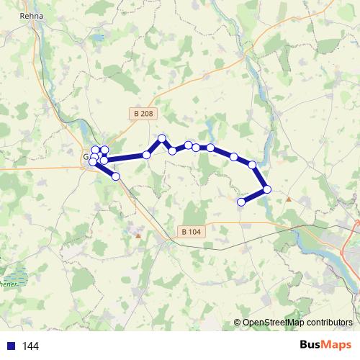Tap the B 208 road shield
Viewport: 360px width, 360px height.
(x=143, y=114)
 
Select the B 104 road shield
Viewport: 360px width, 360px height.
(x=191, y=232)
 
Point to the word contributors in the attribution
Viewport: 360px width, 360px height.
(x=329, y=322)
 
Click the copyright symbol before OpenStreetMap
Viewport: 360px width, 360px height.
(x=238, y=322)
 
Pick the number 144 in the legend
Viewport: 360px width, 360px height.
(x=30, y=346)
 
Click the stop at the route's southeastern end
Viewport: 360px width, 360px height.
(x=241, y=202)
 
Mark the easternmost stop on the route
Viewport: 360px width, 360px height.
(x=267, y=189)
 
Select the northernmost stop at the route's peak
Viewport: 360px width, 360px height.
(x=162, y=138)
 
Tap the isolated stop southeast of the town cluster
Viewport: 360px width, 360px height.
(x=115, y=176)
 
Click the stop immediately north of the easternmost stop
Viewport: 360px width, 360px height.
(x=253, y=165)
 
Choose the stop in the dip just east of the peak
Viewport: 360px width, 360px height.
(x=172, y=150)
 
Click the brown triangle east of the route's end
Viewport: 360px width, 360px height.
(x=289, y=199)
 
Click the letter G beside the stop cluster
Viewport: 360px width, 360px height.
(x=86, y=156)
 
